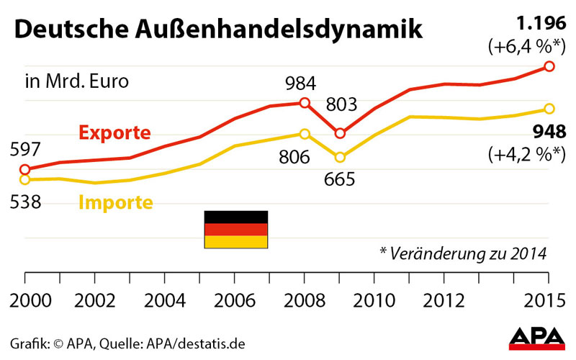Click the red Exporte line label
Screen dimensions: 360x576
point(114,133)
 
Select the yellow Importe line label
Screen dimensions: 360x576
point(115,202)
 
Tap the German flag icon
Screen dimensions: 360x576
point(236,230)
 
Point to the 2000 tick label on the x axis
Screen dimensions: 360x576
point(26,300)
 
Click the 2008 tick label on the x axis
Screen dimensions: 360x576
point(305,300)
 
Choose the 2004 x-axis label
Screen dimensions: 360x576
point(165,300)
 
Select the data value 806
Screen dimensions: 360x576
point(294,157)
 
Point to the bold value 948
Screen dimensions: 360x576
point(549,132)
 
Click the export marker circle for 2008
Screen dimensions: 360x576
point(305,103)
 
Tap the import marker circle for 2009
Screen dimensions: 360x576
point(340,157)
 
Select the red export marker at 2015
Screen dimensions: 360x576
point(549,66)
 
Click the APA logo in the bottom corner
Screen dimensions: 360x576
point(537,338)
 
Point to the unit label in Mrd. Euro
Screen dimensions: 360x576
point(77,81)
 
